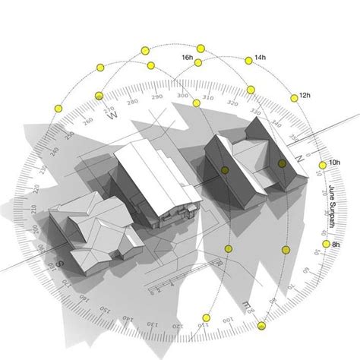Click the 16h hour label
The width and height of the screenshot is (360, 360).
[x=187, y=58]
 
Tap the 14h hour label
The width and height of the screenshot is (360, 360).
[x=260, y=58]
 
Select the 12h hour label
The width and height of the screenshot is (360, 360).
[x=305, y=96]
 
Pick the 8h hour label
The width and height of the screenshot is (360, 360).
[x=336, y=245]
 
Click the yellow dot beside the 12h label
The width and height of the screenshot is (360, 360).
[x=293, y=98]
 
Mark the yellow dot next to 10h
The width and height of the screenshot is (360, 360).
[x=322, y=165]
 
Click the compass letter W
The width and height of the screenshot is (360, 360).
[x=113, y=116]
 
